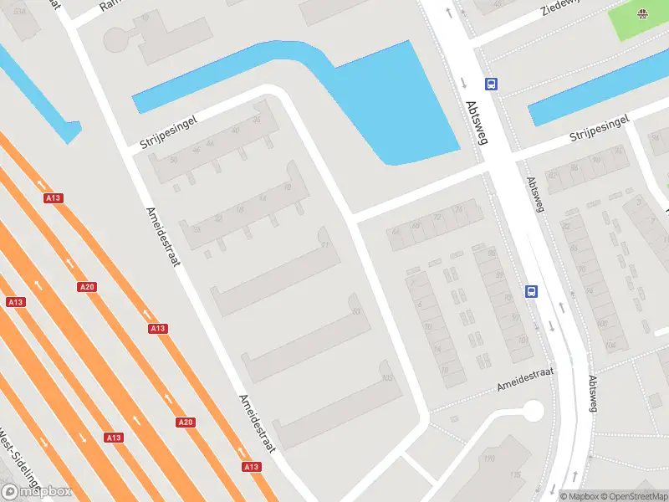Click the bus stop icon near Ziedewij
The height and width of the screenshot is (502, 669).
491,84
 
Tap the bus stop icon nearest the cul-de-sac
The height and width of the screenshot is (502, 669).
531,292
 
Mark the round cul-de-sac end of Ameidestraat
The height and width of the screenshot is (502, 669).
531,411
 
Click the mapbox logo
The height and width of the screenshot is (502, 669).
37,492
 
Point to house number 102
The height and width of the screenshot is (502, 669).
386,377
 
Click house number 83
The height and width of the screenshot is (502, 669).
357,311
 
